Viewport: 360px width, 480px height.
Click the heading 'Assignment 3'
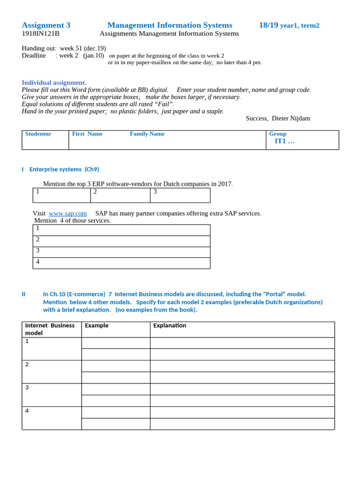click(x=46, y=25)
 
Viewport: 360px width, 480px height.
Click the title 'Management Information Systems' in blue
click(x=170, y=25)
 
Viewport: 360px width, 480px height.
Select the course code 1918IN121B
click(x=40, y=34)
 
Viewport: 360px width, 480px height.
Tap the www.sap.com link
click(x=68, y=213)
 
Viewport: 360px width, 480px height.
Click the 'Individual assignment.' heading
click(x=54, y=82)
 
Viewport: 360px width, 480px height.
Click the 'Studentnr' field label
click(x=38, y=134)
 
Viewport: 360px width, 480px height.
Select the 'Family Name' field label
click(x=147, y=134)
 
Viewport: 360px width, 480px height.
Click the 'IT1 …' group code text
click(x=285, y=141)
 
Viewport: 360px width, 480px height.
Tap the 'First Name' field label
click(x=87, y=134)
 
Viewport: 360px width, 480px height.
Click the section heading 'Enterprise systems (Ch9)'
click(x=64, y=169)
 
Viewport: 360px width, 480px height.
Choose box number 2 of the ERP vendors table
click(x=120, y=195)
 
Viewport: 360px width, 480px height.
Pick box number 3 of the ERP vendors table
click(x=180, y=195)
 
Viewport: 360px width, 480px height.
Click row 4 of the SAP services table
click(x=121, y=263)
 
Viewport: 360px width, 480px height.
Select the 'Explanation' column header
click(x=170, y=325)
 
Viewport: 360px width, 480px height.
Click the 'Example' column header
click(x=97, y=325)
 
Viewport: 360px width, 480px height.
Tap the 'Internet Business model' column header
click(x=50, y=329)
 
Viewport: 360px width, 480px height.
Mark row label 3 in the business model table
click(x=27, y=388)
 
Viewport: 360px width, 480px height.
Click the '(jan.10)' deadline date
click(x=94, y=56)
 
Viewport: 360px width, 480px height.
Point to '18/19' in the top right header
click(x=269, y=25)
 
